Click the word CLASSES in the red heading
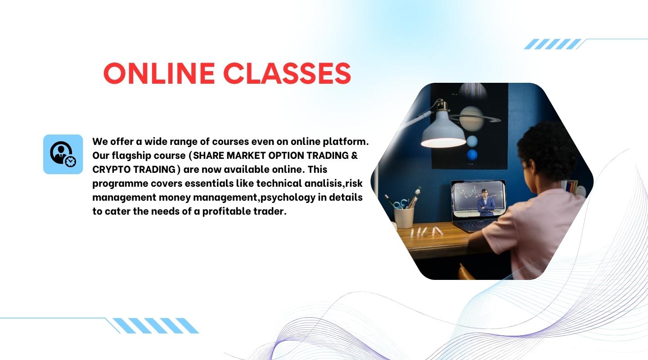click(287, 73)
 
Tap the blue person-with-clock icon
click(63, 154)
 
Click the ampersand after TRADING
click(355, 156)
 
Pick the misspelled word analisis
click(324, 184)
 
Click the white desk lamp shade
click(443, 130)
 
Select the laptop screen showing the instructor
click(478, 198)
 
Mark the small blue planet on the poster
click(472, 155)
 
